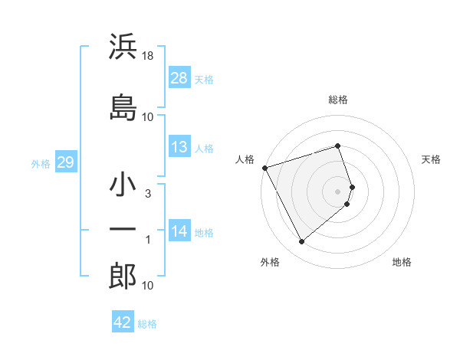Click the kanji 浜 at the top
pyautogui.click(x=123, y=47)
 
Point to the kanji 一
pyautogui.click(x=123, y=229)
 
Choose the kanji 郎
pyautogui.click(x=123, y=275)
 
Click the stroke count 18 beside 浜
pyautogui.click(x=148, y=55)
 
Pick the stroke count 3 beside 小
pyautogui.click(x=148, y=194)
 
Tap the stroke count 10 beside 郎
pyautogui.click(x=148, y=285)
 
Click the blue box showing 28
pyautogui.click(x=179, y=77)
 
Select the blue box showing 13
pyautogui.click(x=179, y=147)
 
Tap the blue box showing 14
pyautogui.click(x=179, y=231)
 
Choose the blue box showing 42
pyautogui.click(x=123, y=322)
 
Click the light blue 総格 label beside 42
pyautogui.click(x=147, y=324)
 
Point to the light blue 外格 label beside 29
pyautogui.click(x=41, y=163)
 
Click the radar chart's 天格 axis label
pyautogui.click(x=431, y=159)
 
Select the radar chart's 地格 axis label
pyautogui.click(x=402, y=262)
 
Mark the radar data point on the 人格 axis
pyautogui.click(x=265, y=168)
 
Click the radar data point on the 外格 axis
pyautogui.click(x=301, y=242)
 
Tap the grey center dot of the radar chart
pyautogui.click(x=338, y=191)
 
